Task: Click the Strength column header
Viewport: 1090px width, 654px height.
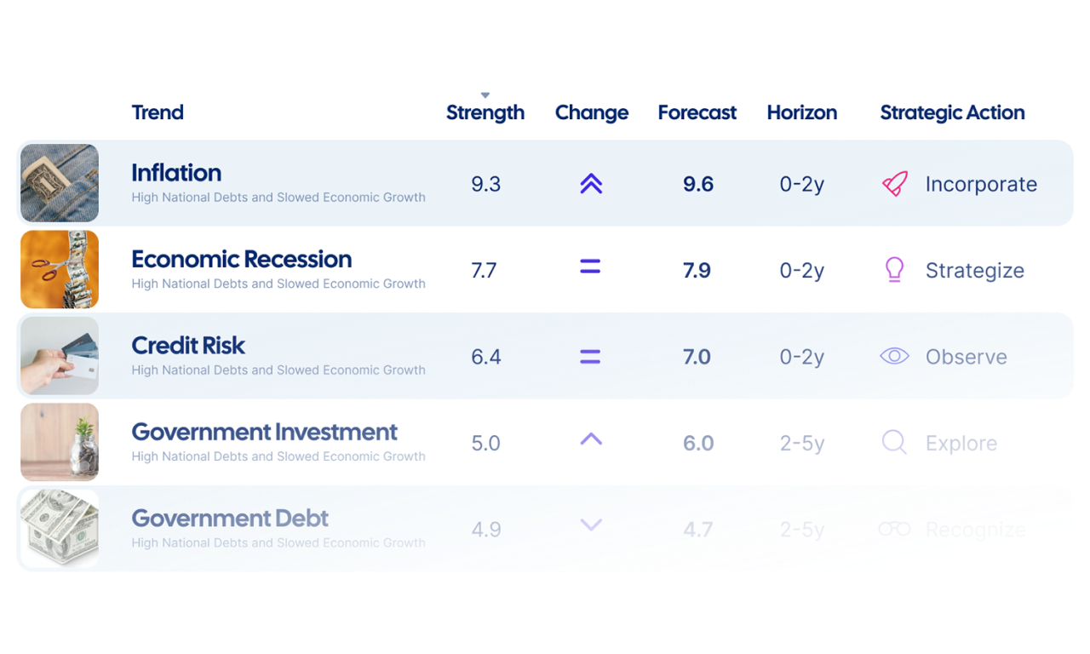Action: pos(485,112)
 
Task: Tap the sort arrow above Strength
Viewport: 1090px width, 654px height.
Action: pos(485,95)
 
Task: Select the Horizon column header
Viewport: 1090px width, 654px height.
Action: pos(801,112)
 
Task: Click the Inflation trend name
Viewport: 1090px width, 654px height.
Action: pos(176,173)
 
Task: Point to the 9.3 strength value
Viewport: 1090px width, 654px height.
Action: pos(485,184)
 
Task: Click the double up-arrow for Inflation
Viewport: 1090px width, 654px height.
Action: pos(591,184)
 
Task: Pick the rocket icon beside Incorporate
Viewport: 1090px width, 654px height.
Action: pos(894,184)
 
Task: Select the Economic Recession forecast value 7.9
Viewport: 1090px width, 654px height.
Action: pos(697,271)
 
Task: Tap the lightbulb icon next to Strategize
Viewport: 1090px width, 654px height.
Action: pos(894,270)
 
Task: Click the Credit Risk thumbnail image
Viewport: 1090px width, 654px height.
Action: pos(60,356)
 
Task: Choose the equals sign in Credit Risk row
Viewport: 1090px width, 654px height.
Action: pos(590,357)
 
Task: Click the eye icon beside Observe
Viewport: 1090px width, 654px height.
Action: pos(894,357)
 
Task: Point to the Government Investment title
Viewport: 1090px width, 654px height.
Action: pos(264,432)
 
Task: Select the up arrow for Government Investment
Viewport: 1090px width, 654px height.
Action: pos(591,439)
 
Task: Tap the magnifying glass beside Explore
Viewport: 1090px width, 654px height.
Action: pos(894,443)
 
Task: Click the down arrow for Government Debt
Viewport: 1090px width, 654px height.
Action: pos(591,525)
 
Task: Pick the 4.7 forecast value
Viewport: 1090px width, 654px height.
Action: pos(697,530)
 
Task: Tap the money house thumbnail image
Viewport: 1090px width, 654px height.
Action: pos(60,529)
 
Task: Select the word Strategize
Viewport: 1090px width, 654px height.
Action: pos(974,271)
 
